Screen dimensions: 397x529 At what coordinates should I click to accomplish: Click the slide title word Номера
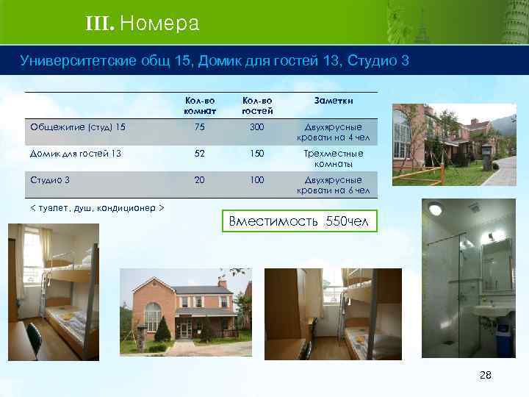(159, 24)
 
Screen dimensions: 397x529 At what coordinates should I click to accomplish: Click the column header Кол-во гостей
(257, 105)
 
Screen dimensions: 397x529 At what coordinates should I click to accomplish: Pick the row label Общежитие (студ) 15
(78, 126)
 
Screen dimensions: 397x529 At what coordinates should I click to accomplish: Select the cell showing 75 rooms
(199, 126)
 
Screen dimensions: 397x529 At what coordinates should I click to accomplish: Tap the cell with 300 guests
(257, 126)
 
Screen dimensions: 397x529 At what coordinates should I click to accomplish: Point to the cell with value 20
(199, 179)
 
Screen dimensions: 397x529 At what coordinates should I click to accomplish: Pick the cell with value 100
(257, 179)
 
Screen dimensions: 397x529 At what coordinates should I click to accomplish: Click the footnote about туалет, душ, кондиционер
(96, 208)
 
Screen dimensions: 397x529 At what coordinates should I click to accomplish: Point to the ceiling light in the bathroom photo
(436, 208)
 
